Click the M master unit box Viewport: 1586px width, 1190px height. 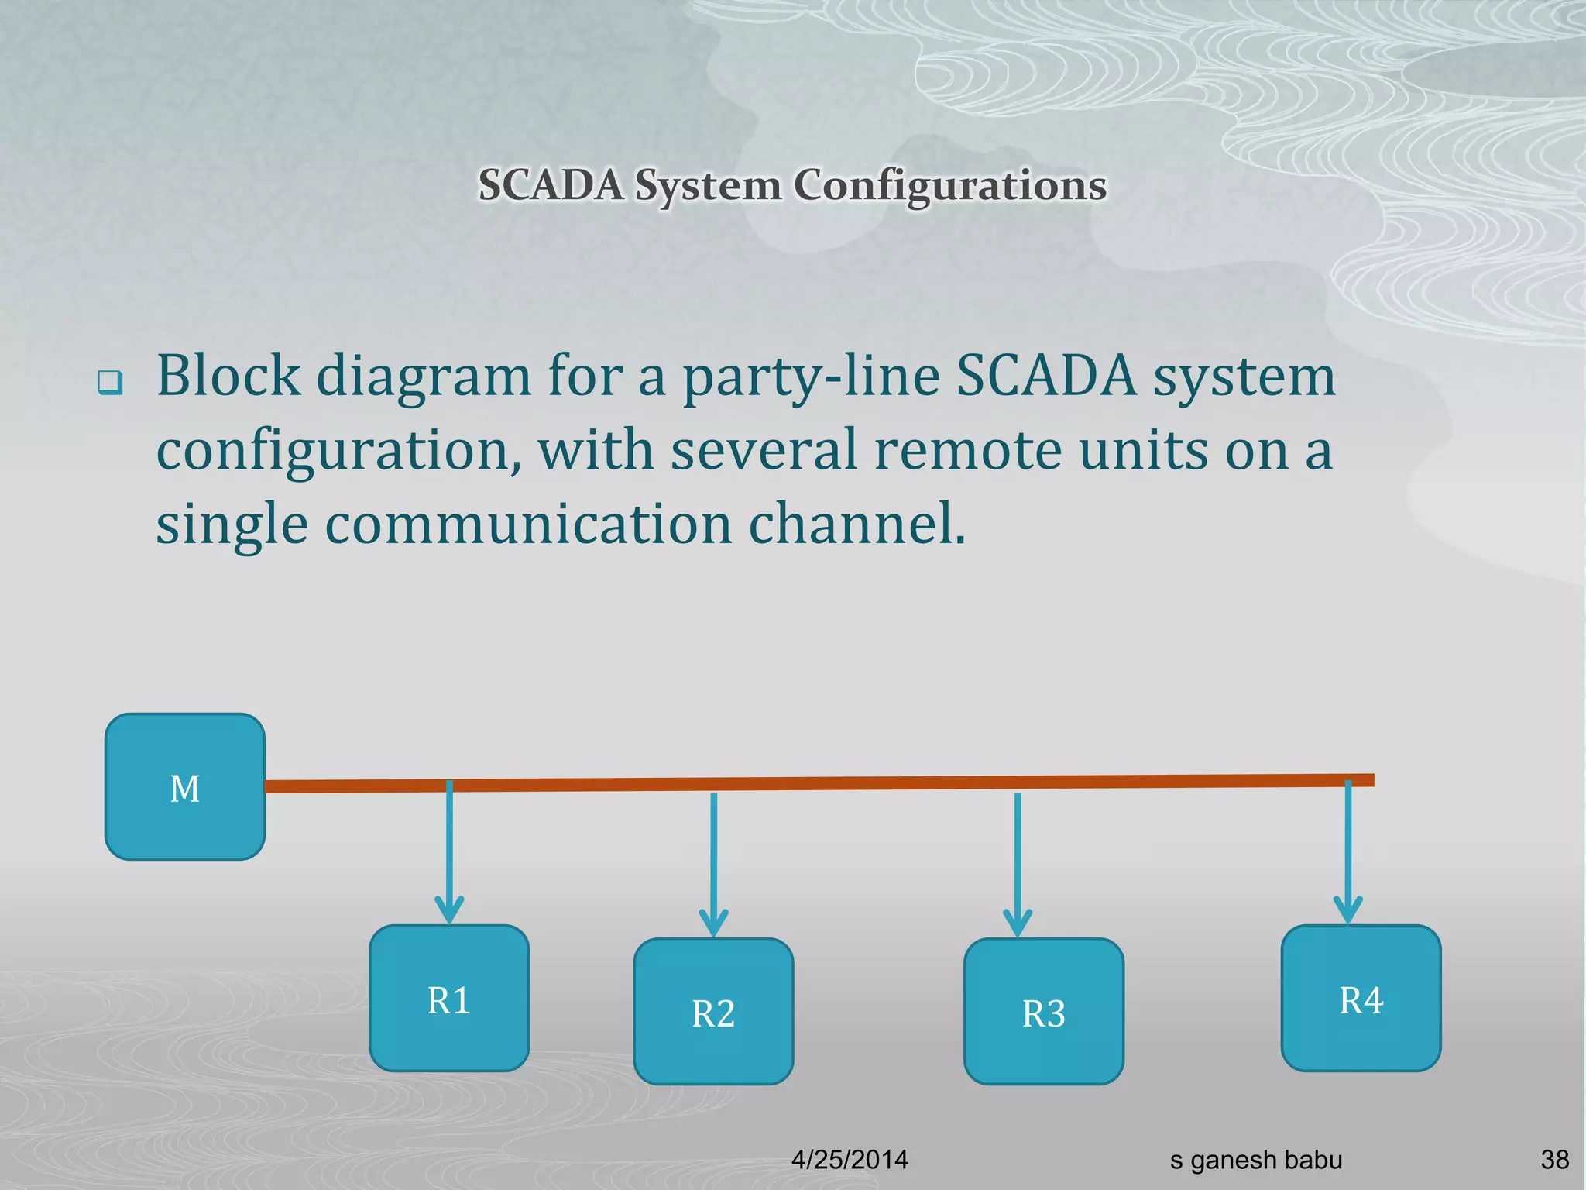[184, 786]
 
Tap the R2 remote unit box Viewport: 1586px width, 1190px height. [713, 1011]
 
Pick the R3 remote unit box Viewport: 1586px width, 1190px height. [1043, 1011]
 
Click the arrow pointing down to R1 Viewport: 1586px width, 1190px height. [449, 852]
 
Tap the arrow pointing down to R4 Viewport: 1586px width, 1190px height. [1347, 852]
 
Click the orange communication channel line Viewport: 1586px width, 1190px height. [852, 782]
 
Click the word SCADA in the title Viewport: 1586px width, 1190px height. [551, 186]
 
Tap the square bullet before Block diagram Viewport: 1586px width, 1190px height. [110, 383]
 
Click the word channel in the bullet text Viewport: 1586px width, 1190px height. [857, 524]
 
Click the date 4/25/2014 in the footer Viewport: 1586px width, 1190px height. [850, 1160]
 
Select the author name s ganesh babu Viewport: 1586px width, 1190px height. [1255, 1160]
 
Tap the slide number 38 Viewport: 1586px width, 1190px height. [1554, 1160]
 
